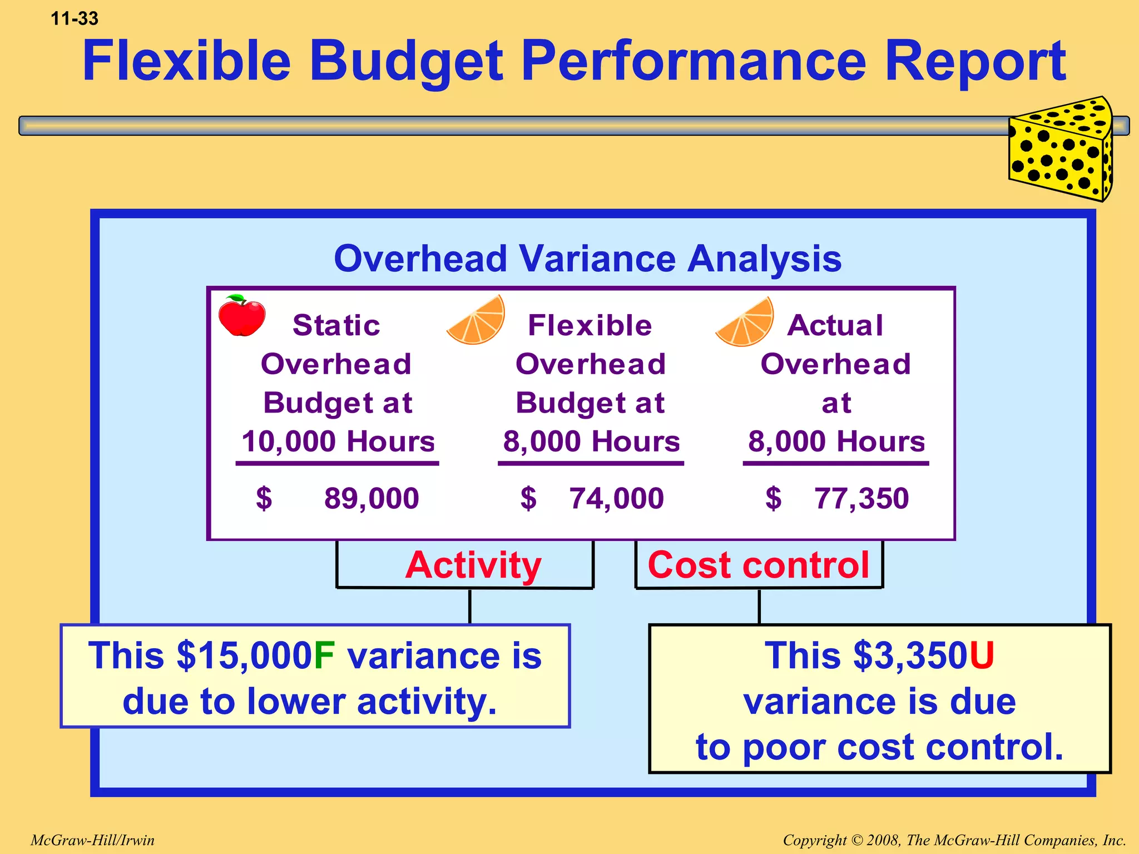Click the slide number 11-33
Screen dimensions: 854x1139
click(x=75, y=18)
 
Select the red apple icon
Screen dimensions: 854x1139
click(x=241, y=316)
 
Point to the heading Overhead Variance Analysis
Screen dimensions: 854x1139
click(x=587, y=259)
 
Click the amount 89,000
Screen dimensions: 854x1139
click(x=372, y=498)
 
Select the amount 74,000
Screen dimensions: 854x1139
click(x=616, y=498)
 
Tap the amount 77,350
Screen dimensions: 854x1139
click(x=861, y=498)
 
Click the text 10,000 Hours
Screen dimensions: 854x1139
click(x=338, y=441)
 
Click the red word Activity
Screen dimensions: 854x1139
click(x=473, y=565)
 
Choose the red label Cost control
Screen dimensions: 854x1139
click(x=758, y=565)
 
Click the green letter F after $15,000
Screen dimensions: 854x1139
click(x=324, y=656)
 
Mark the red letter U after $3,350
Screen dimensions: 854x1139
click(x=982, y=656)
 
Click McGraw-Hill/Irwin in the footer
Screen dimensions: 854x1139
click(x=92, y=840)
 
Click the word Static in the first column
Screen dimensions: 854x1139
click(x=336, y=325)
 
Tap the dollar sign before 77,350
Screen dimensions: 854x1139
click(x=773, y=498)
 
